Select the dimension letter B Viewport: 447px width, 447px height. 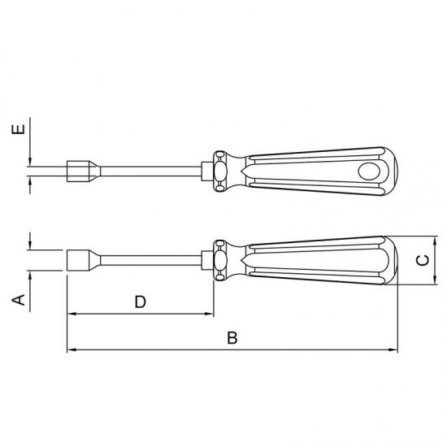click(232, 338)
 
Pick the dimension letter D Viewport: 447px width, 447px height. click(140, 302)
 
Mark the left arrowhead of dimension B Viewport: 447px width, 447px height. click(70, 350)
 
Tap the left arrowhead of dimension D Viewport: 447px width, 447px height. click(71, 314)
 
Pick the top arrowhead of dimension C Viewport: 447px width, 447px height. click(435, 241)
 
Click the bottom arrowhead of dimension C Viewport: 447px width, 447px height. click(435, 281)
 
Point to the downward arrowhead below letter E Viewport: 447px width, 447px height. click(29, 161)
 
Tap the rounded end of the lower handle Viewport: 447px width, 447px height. click(393, 261)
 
